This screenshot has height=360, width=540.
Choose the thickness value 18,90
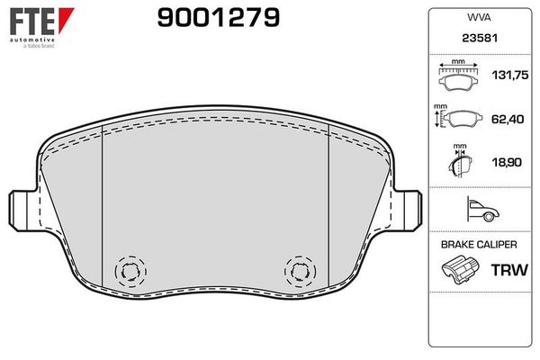[x=503, y=163]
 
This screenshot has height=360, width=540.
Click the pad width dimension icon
[x=459, y=77]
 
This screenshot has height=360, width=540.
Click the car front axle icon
[x=482, y=211]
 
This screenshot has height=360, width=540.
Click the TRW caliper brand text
[x=505, y=269]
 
